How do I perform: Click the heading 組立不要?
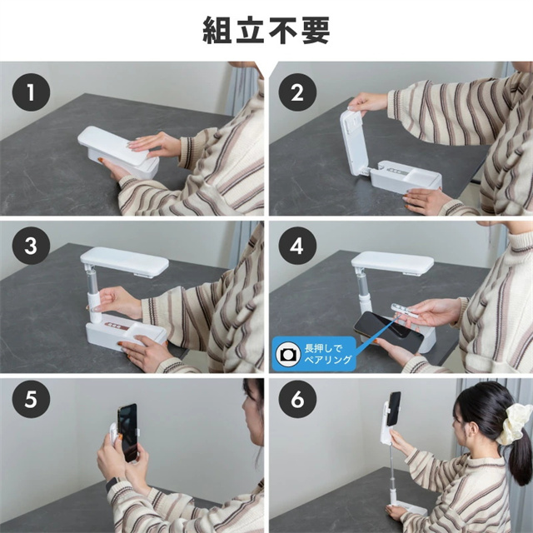tap(266, 31)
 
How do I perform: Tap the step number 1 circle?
tap(31, 92)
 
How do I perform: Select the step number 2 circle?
tap(297, 92)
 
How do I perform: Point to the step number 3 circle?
tap(31, 246)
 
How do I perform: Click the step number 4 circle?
tap(297, 246)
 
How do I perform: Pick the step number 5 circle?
tap(31, 399)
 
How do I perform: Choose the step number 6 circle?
tap(297, 399)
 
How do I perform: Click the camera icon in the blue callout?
tap(288, 355)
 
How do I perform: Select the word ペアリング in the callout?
tap(327, 360)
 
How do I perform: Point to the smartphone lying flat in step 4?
tap(389, 331)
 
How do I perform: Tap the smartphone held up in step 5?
tap(127, 432)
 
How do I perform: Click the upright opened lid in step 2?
tap(355, 141)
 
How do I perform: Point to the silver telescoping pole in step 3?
tap(92, 277)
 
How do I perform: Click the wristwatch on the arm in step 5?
tap(112, 484)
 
